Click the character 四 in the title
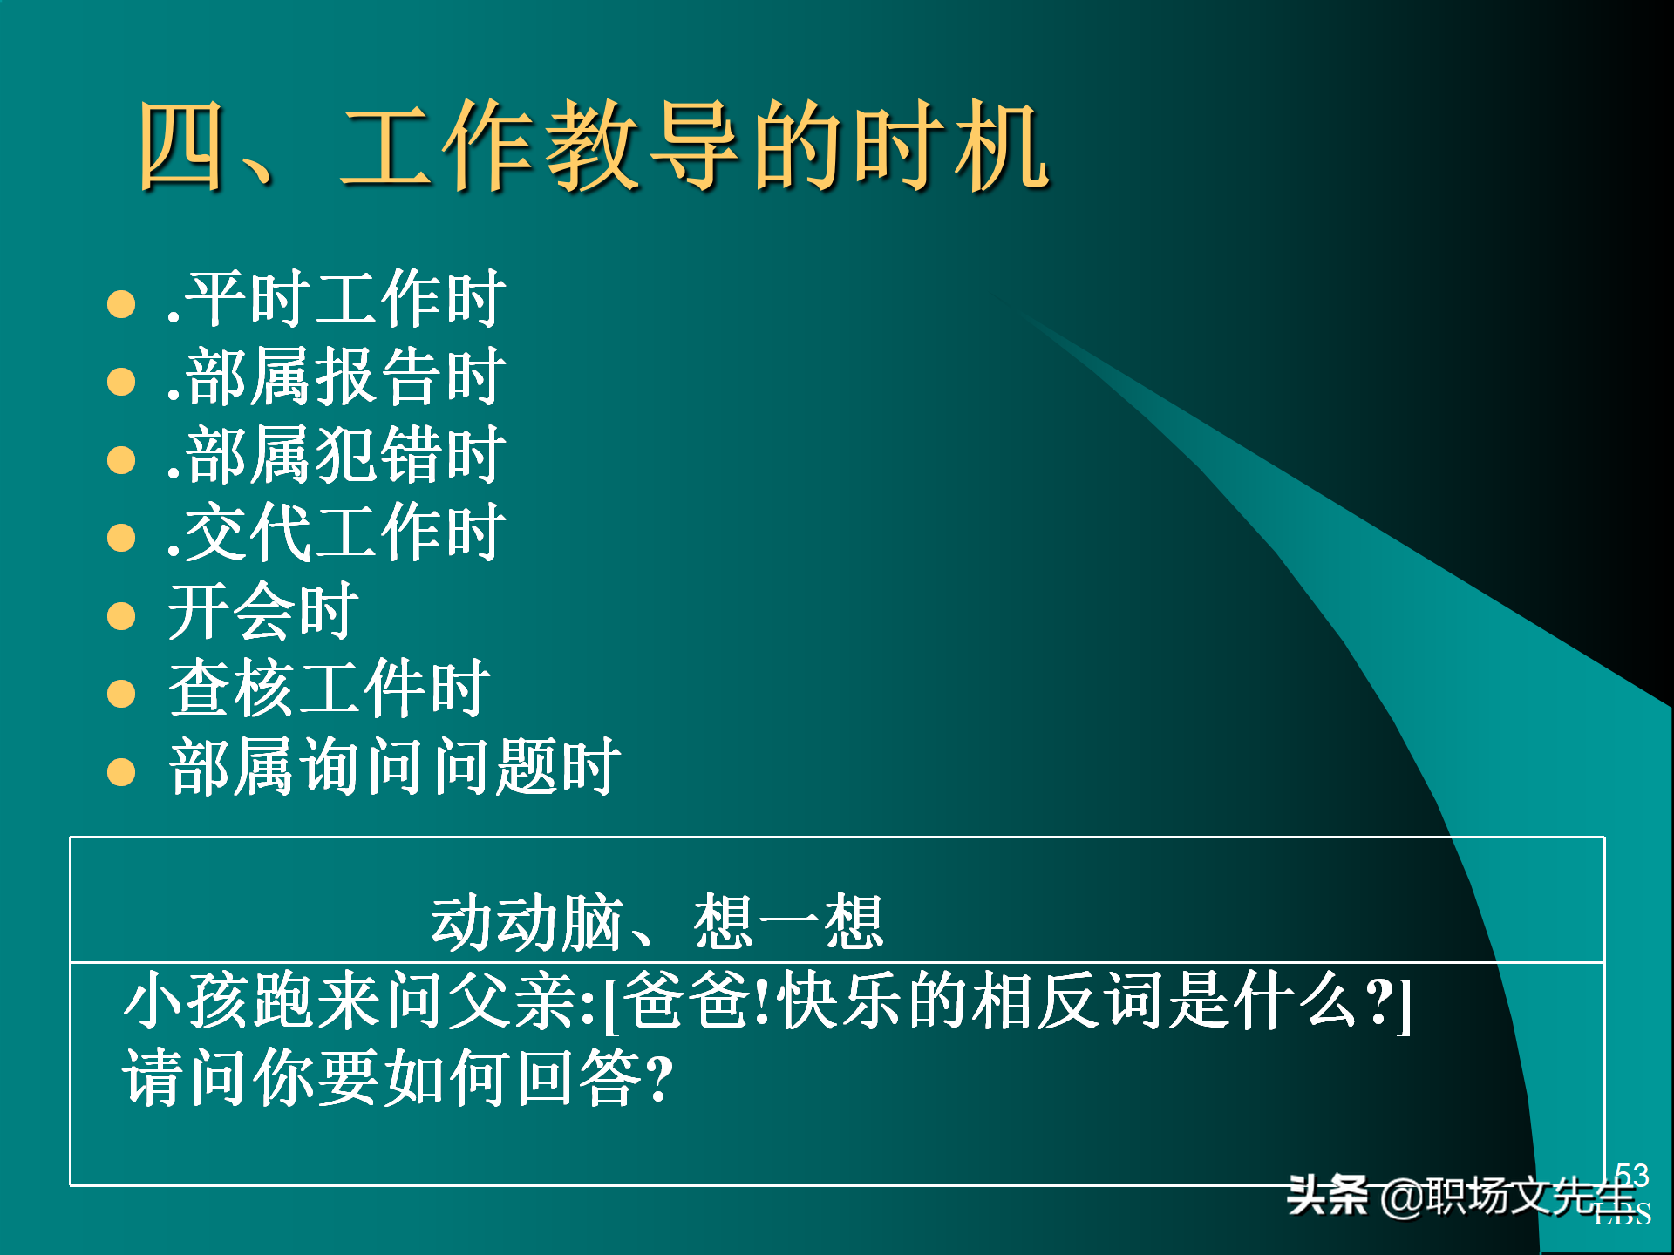180,146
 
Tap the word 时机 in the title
950,146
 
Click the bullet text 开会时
263,611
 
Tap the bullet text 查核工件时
330,689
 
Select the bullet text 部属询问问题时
394,767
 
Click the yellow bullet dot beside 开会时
121,616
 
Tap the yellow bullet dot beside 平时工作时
121,304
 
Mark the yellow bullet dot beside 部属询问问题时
121,772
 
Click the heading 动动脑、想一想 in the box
657,922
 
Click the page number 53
1631,1175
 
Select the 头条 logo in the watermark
1327,1195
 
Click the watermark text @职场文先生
1508,1197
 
